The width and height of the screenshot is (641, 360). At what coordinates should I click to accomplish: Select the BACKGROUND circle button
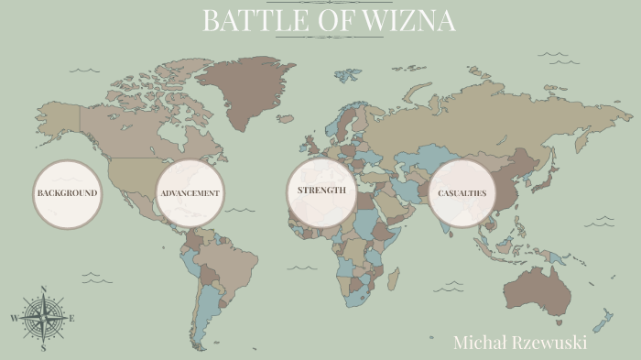pyautogui.click(x=67, y=194)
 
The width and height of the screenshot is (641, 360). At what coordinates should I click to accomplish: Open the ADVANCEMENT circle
pyautogui.click(x=190, y=193)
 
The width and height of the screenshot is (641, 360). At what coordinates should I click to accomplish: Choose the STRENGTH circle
pyautogui.click(x=321, y=191)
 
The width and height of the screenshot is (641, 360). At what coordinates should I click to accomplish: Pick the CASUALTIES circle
pyautogui.click(x=462, y=193)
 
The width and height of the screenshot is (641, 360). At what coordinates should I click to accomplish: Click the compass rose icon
pyautogui.click(x=43, y=319)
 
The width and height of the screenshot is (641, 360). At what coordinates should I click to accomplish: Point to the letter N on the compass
pyautogui.click(x=44, y=290)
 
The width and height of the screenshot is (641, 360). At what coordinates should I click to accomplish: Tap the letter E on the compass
pyautogui.click(x=72, y=319)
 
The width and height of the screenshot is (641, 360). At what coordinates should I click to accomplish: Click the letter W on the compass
pyautogui.click(x=15, y=319)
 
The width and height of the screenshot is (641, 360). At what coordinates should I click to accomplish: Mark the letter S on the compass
pyautogui.click(x=43, y=348)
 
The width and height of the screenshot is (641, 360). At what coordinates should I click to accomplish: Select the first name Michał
pyautogui.click(x=475, y=343)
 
